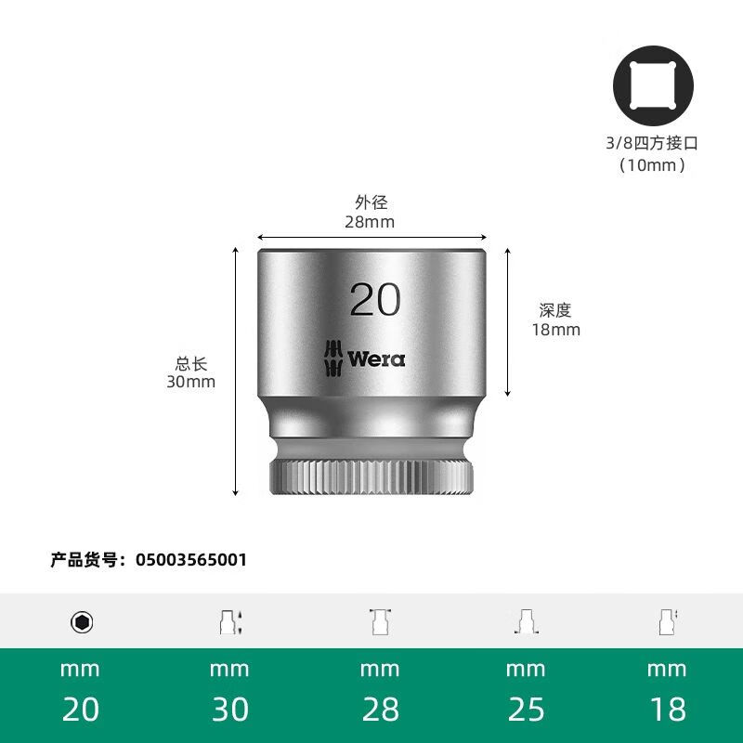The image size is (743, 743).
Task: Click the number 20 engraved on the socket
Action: click(x=375, y=299)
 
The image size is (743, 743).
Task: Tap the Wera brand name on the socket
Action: click(x=376, y=358)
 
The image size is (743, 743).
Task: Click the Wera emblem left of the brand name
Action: click(x=333, y=358)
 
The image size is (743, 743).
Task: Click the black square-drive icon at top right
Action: click(x=653, y=86)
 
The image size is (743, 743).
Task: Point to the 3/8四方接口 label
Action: click(x=653, y=144)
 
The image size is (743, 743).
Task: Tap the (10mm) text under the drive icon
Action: click(x=653, y=165)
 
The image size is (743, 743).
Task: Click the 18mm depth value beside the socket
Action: click(x=555, y=330)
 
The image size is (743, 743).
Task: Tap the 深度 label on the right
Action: click(x=555, y=311)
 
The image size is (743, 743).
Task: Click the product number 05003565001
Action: click(x=191, y=560)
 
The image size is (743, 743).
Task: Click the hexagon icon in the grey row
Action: click(x=82, y=622)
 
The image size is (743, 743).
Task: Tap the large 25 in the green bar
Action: click(x=526, y=710)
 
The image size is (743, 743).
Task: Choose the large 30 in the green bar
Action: click(x=229, y=710)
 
